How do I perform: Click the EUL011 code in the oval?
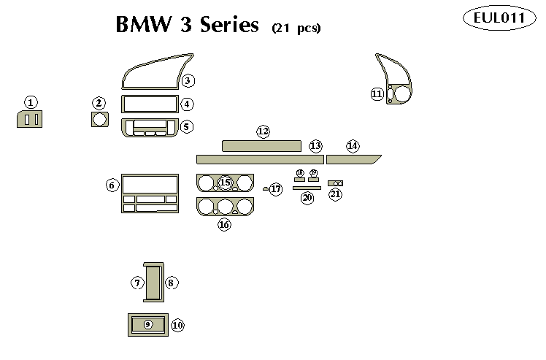(499, 20)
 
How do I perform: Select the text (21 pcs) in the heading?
(296, 28)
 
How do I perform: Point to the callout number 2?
(99, 104)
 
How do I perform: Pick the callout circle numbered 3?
(188, 81)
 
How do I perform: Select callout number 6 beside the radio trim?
(112, 185)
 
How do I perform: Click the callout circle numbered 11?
(377, 94)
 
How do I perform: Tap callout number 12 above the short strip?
(263, 131)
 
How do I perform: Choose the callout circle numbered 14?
(353, 146)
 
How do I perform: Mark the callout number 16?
(224, 225)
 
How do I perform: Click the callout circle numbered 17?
(275, 189)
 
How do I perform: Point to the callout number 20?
(307, 198)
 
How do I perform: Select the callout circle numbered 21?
(335, 194)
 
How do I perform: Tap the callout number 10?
(177, 324)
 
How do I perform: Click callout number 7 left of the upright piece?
(136, 283)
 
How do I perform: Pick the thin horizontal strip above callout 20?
(307, 188)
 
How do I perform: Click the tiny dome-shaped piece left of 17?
(265, 188)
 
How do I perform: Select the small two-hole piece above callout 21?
(336, 183)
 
